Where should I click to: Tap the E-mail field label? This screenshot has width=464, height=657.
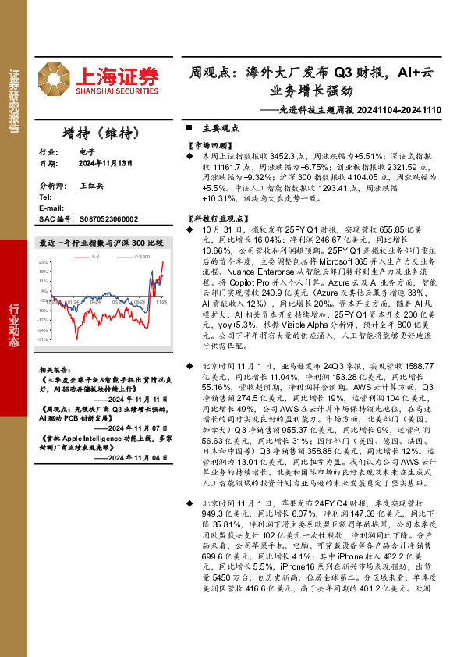51,209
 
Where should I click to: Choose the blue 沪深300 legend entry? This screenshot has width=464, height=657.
139,255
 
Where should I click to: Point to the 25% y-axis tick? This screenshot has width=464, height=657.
45,261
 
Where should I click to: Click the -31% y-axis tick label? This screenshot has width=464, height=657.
44,339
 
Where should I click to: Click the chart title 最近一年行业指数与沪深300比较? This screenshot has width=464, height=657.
101,243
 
